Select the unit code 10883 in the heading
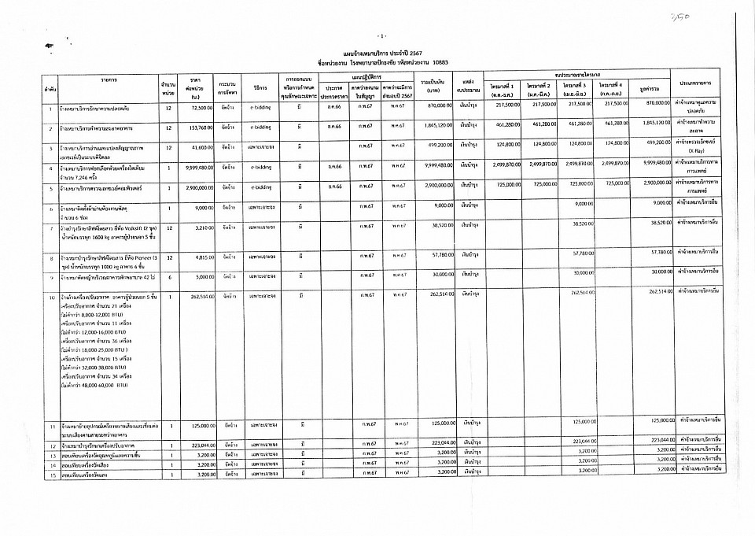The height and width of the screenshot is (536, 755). click(x=445, y=60)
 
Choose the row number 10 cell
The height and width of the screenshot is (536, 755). click(x=50, y=297)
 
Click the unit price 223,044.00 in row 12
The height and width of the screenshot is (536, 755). click(x=194, y=445)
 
